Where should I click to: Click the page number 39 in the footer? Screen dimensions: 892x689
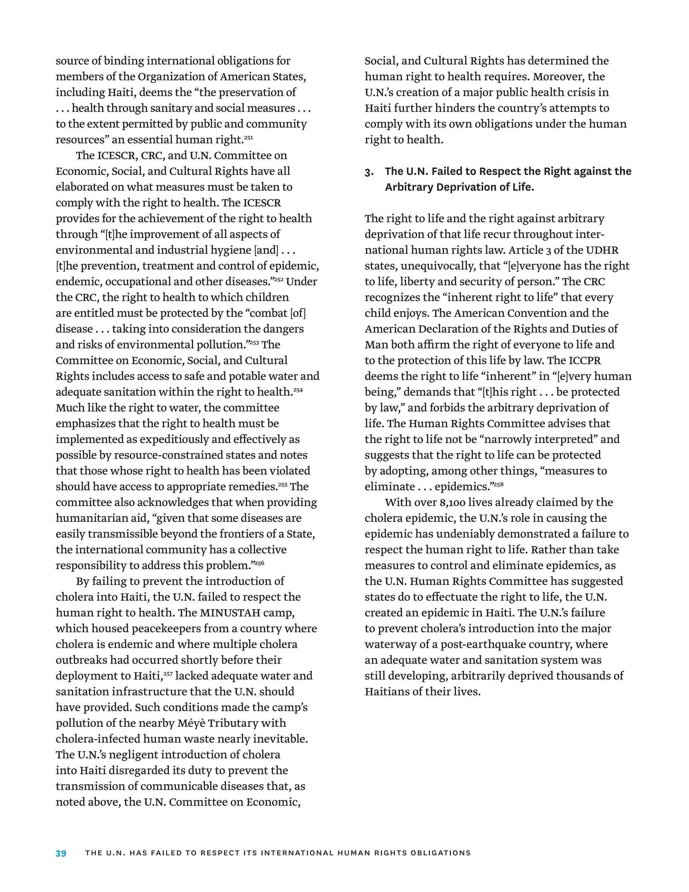(61, 853)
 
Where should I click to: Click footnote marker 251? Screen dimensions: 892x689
(249, 138)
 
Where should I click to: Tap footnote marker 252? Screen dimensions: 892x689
(279, 279)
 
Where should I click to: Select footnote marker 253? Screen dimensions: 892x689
(254, 343)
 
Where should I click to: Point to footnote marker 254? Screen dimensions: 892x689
(298, 390)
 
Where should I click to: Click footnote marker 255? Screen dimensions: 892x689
(283, 484)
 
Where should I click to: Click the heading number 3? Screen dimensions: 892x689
(369, 172)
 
